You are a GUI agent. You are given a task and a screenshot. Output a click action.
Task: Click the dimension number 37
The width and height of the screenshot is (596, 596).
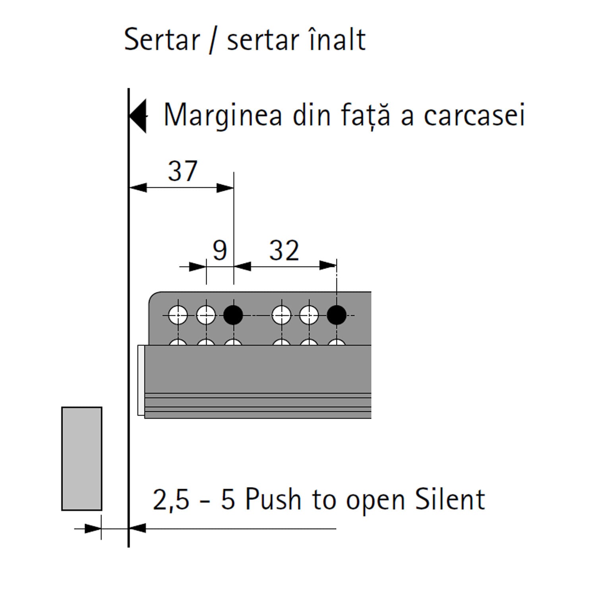(x=182, y=171)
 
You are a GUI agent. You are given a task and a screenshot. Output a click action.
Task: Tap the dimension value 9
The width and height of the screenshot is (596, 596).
(x=220, y=250)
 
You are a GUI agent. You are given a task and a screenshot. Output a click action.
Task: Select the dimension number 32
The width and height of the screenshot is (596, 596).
(x=284, y=250)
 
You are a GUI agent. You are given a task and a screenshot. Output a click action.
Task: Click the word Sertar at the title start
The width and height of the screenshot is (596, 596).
(x=162, y=40)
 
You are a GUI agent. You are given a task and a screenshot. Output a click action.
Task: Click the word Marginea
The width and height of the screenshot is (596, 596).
(x=223, y=115)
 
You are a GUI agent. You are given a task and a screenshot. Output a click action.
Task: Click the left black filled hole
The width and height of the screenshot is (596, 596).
(x=233, y=315)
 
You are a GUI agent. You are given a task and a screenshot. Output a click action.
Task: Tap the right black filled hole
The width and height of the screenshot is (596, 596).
(x=337, y=315)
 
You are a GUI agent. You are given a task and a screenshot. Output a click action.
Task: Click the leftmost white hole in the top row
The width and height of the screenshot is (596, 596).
(x=178, y=315)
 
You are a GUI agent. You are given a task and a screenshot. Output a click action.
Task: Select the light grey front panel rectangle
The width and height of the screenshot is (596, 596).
(x=82, y=459)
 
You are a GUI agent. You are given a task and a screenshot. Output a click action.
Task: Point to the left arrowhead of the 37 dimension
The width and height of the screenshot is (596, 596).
(x=137, y=188)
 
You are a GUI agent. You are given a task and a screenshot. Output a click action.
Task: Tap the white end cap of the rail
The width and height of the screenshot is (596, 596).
(x=141, y=380)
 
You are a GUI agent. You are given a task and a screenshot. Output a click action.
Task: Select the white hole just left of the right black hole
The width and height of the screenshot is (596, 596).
(x=309, y=315)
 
